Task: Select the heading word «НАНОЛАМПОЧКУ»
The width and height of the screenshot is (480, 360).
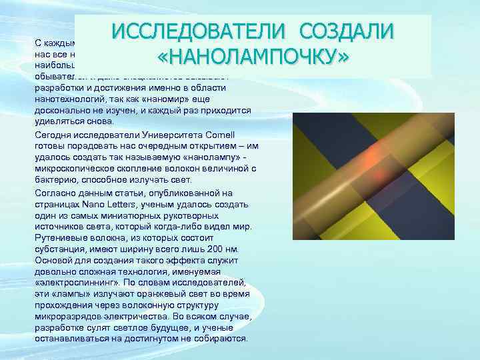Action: [253, 59]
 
